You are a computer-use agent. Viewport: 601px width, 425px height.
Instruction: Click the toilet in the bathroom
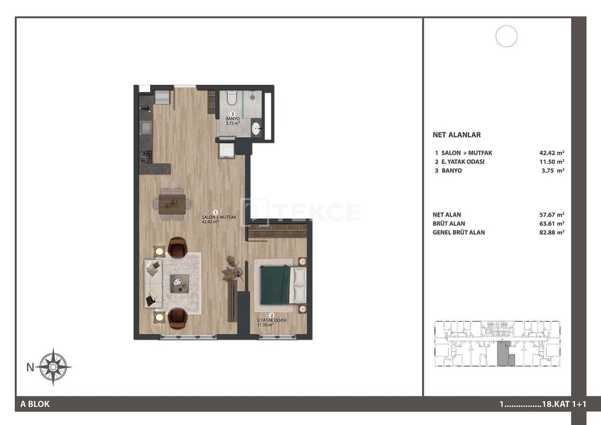pyautogui.click(x=231, y=98)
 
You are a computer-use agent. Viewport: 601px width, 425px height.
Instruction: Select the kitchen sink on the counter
pyautogui.click(x=146, y=127)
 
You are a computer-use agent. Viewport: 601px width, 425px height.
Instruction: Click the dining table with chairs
pyautogui.click(x=172, y=204)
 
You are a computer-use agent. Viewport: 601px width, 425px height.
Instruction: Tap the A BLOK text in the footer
pyautogui.click(x=35, y=404)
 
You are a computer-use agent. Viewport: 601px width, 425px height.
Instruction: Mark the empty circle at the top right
pyautogui.click(x=506, y=36)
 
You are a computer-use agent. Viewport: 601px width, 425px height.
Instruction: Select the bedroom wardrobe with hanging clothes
pyautogui.click(x=277, y=231)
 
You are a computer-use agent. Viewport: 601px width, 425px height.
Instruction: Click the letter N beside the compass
pyautogui.click(x=30, y=367)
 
